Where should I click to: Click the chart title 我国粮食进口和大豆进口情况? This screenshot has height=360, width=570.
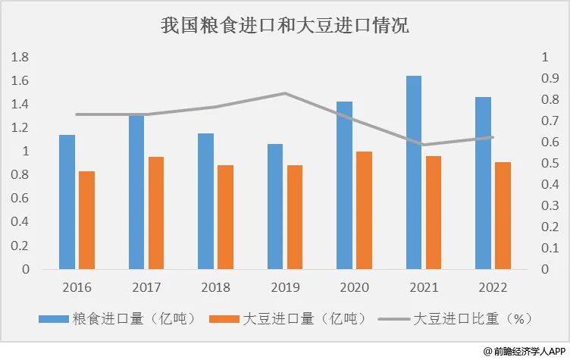[x=285, y=26]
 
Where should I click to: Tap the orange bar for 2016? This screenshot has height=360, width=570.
[x=86, y=220]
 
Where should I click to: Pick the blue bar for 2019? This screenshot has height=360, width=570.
[x=275, y=206]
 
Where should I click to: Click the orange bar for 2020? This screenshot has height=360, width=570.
[x=364, y=210]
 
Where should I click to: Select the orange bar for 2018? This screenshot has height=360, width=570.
[x=225, y=217]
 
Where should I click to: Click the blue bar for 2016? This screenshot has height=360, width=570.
[x=67, y=202]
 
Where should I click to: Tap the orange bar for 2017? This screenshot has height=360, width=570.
[x=156, y=213]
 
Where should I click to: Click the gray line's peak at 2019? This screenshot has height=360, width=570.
[x=284, y=93]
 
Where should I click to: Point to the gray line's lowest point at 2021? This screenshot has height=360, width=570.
[x=423, y=145]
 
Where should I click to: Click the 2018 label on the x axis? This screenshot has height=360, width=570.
[x=215, y=288]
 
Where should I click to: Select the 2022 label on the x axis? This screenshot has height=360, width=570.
[x=493, y=288]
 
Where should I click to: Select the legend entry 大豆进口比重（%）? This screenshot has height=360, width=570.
[x=471, y=318]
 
